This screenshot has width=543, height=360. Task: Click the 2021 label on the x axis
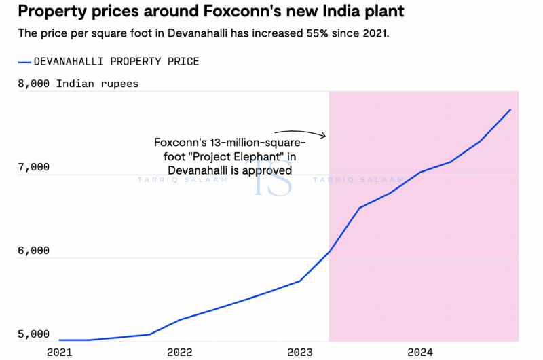[x=60, y=352]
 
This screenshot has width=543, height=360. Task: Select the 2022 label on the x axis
[x=179, y=352]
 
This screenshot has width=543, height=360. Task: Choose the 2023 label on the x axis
[x=299, y=352]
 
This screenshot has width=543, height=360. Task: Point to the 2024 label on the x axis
[x=420, y=352]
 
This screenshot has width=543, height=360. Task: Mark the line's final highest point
[x=510, y=109]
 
